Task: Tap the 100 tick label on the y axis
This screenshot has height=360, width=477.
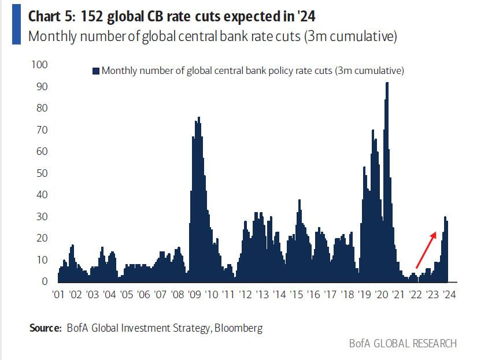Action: tap(39, 64)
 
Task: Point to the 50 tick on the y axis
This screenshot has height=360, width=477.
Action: tap(42, 173)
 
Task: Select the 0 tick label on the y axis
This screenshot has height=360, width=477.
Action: tap(44, 281)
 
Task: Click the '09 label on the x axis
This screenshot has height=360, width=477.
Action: tap(195, 294)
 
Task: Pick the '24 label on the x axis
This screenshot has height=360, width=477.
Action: tap(449, 294)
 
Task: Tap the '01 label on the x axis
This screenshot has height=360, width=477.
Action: tap(58, 294)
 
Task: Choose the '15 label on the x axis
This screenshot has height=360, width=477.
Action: tap(297, 294)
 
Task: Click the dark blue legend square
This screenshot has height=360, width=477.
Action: tap(96, 71)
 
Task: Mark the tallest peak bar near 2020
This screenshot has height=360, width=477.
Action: tap(387, 83)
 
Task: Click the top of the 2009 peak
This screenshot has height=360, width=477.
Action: tap(199, 118)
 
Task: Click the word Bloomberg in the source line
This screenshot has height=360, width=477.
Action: tap(239, 328)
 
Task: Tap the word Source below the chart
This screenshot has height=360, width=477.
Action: tap(45, 328)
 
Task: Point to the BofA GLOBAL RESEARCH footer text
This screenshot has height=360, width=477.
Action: tap(402, 343)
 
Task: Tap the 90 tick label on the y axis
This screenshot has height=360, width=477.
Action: tap(42, 86)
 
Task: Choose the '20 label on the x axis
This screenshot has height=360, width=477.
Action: tap(382, 294)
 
